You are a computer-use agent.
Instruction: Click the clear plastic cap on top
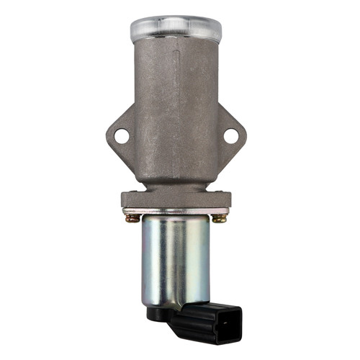pyautogui.click(x=176, y=27)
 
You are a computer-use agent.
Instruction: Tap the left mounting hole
pyautogui.click(x=121, y=135)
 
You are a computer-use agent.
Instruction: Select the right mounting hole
pyautogui.click(x=230, y=135)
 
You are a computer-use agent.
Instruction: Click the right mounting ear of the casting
pyautogui.click(x=232, y=137)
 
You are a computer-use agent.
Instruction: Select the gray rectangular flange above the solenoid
pyautogui.click(x=176, y=199)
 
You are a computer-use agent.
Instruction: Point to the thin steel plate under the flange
pyautogui.click(x=176, y=211)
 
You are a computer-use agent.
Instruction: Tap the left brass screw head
pyautogui.click(x=130, y=217)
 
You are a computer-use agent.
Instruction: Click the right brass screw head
pyautogui.click(x=220, y=217)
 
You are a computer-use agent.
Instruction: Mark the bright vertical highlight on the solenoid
pyautogui.click(x=165, y=259)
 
